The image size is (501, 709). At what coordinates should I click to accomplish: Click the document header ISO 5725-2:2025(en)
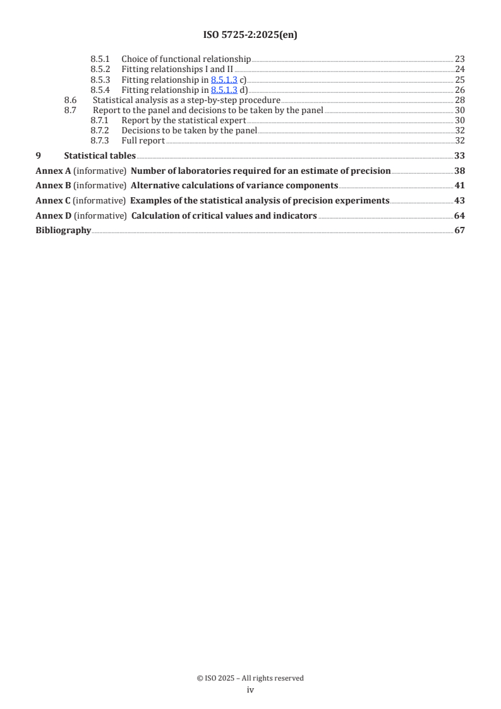[x=250, y=35]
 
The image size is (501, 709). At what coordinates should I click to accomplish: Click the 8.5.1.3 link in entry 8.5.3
[x=224, y=80]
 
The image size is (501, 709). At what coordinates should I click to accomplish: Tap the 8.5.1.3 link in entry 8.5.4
[x=224, y=90]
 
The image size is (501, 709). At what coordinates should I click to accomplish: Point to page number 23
[x=460, y=59]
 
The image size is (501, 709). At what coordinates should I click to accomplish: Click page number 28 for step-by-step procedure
[x=460, y=100]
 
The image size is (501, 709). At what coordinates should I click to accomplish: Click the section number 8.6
[x=71, y=100]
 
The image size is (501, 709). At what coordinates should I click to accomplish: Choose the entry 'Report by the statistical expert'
[x=183, y=120]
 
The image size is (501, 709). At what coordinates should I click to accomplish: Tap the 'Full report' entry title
[x=143, y=140]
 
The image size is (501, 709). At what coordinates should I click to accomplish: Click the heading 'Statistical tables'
[x=100, y=155]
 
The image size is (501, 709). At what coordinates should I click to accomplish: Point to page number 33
[x=460, y=155]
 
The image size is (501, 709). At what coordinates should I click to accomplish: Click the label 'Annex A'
[x=53, y=171]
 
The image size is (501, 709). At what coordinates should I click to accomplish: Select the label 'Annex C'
[x=53, y=200]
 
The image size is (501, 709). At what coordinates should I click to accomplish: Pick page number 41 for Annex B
[x=460, y=185]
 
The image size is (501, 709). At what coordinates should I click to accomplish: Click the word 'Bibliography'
[x=63, y=230]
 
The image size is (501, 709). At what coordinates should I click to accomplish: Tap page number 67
[x=460, y=230]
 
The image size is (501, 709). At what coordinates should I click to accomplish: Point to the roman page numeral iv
[x=250, y=689]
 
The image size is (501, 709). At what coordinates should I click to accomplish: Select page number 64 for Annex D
[x=460, y=215]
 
